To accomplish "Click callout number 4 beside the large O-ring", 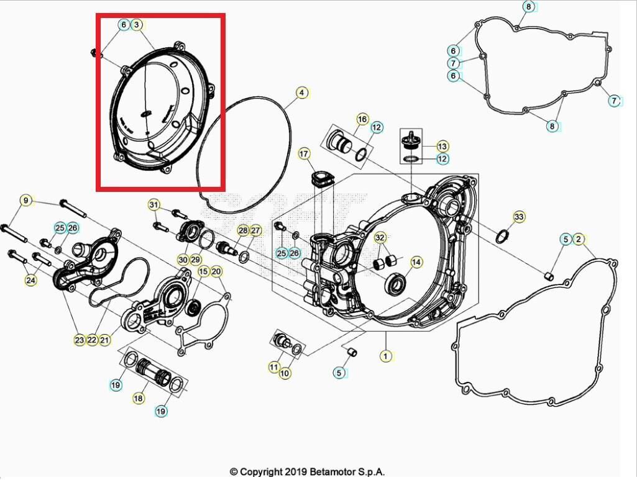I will click(x=301, y=93).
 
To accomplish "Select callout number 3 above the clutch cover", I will click(x=137, y=25).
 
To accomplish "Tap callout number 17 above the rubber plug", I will click(x=304, y=153).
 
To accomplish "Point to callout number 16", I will click(x=362, y=119).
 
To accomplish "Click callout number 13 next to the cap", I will click(x=442, y=147).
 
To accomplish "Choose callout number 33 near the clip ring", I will click(x=519, y=217).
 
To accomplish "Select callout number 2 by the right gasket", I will click(x=579, y=239).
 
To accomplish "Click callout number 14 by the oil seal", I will click(x=416, y=263).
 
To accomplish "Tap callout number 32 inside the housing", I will click(x=380, y=238).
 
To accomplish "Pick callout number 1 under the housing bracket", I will click(x=386, y=356).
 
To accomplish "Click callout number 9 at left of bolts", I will click(x=25, y=201).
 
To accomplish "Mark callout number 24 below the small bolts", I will click(x=30, y=281).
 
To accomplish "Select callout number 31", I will click(x=154, y=206).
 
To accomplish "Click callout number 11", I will click(x=274, y=367).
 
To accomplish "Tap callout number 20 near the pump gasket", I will click(x=216, y=271).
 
